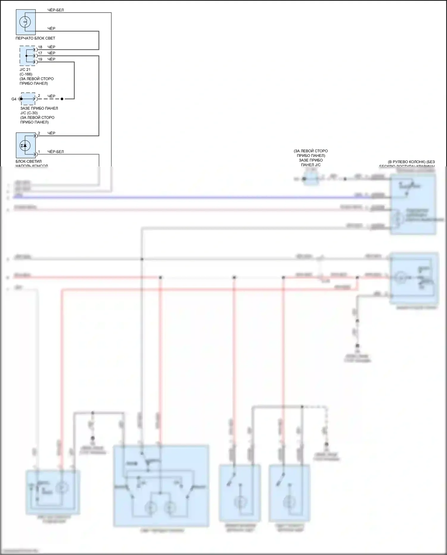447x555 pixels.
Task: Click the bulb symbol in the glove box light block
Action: [25, 21]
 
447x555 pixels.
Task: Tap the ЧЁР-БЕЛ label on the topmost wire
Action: [55, 10]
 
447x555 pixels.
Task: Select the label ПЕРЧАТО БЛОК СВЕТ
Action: [35, 38]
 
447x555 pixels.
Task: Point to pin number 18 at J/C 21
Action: [40, 47]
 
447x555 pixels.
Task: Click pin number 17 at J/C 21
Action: [40, 53]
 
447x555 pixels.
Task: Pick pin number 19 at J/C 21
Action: [40, 59]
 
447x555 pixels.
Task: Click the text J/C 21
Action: [25, 69]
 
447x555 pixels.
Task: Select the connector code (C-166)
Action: [26, 74]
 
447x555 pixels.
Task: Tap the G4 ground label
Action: [14, 99]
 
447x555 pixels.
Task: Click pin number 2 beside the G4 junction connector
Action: [39, 96]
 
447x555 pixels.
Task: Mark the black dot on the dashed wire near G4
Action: [62, 99]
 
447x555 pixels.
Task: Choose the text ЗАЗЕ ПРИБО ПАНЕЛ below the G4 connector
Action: [39, 108]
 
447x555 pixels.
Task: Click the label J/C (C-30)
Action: [29, 113]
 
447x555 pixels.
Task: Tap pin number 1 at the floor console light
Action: [39, 152]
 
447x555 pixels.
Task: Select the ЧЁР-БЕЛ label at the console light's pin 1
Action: [55, 152]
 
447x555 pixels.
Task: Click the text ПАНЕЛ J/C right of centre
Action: [311, 165]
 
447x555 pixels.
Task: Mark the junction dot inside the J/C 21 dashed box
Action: [27, 56]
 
